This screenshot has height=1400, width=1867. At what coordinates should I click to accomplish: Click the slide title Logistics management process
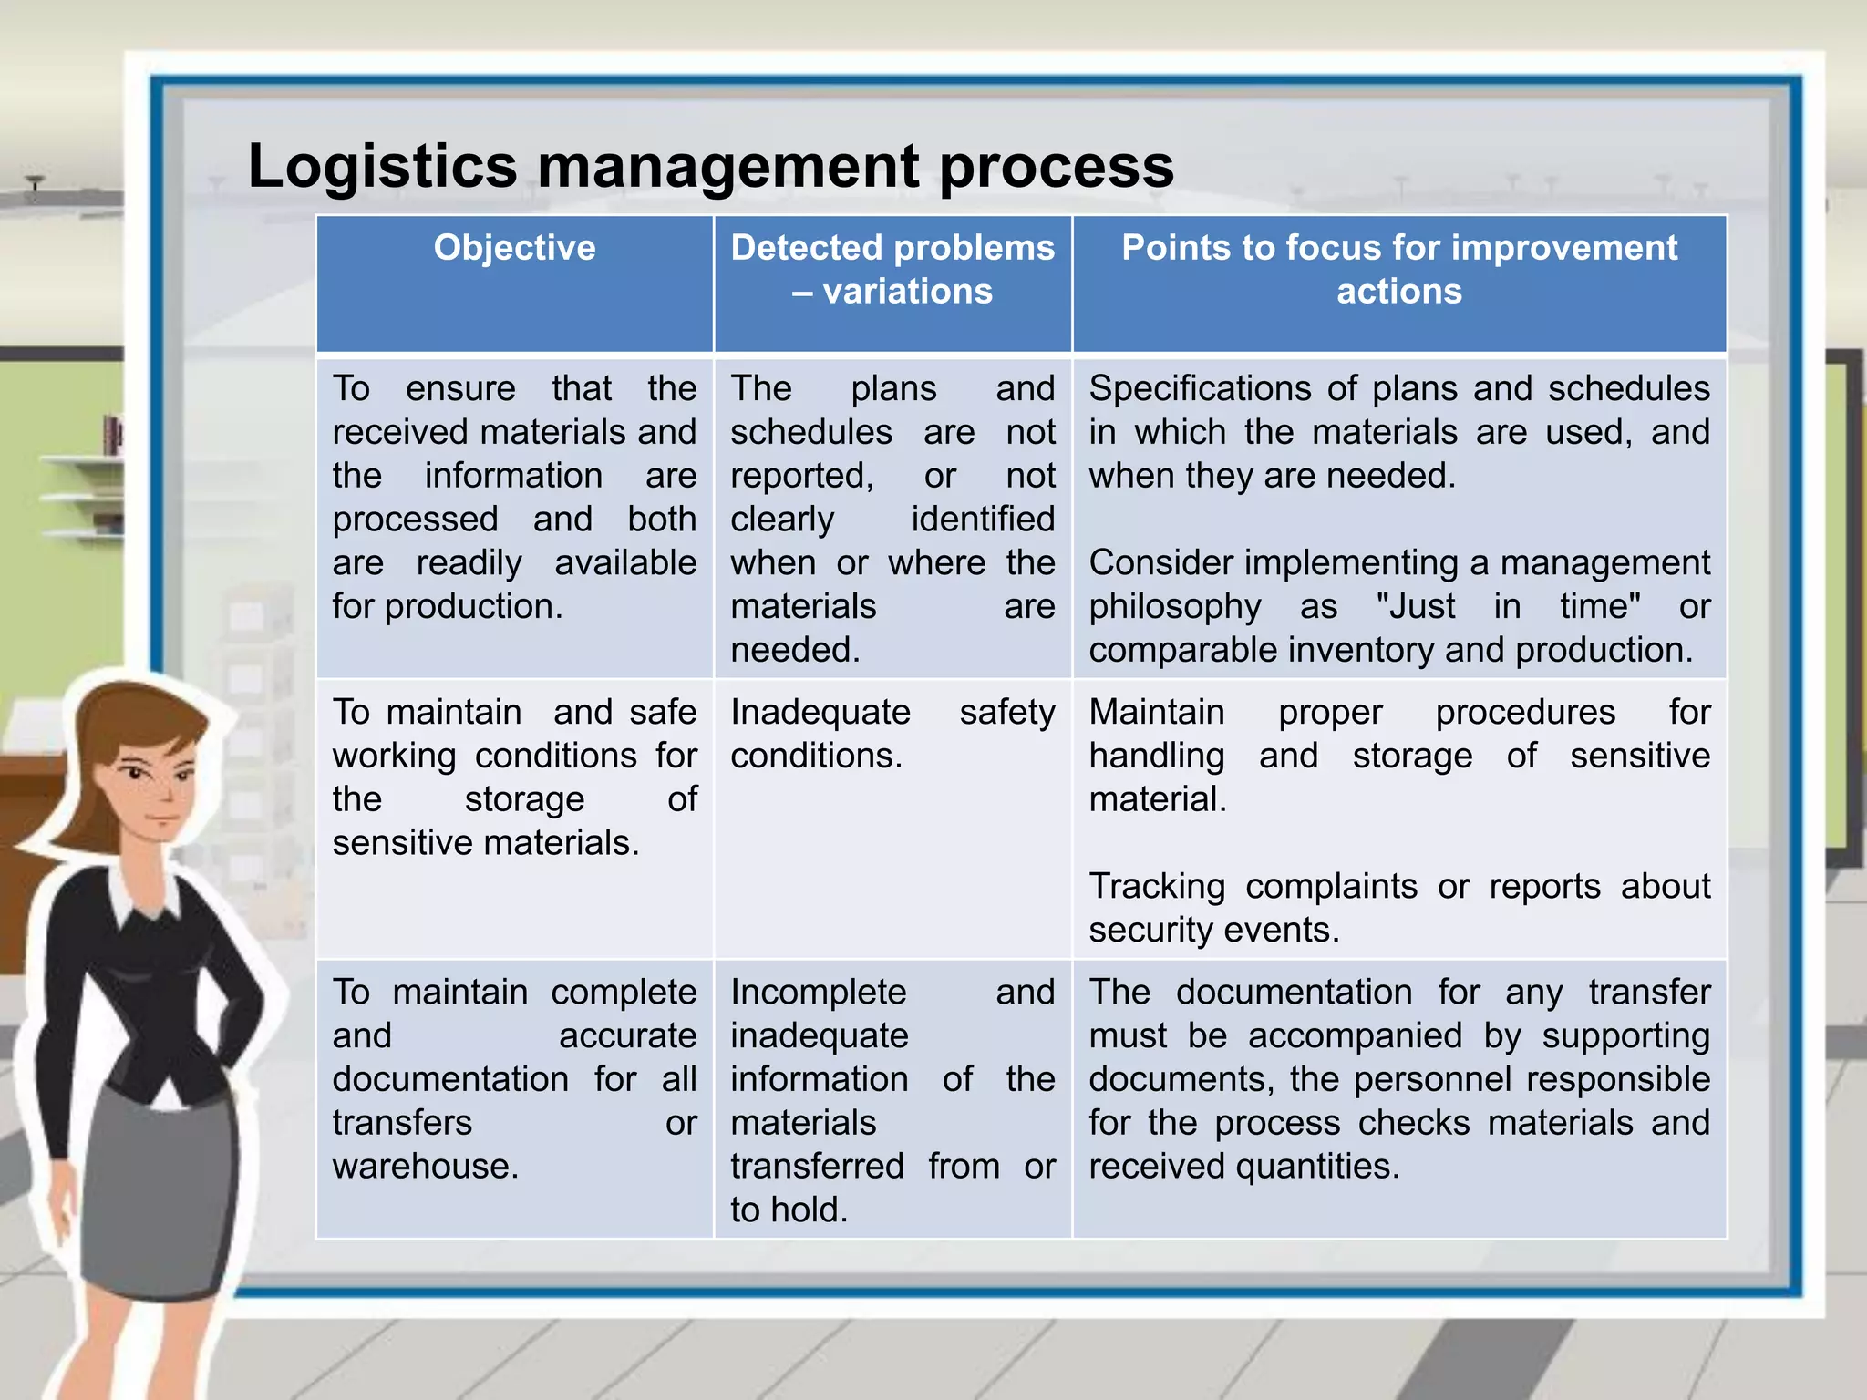[710, 166]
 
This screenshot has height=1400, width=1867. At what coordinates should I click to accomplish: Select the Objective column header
[514, 248]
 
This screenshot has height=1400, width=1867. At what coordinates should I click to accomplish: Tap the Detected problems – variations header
[892, 269]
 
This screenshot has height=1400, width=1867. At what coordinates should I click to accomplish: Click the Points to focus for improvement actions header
[1398, 269]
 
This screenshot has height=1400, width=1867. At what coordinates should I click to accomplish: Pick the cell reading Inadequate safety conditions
[892, 734]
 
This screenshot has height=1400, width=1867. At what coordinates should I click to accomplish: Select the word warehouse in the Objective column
[425, 1166]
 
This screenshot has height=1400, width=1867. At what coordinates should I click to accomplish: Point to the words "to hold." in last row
[789, 1210]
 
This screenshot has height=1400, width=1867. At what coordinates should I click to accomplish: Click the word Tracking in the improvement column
[1156, 886]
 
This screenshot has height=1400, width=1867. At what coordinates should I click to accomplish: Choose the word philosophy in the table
[1174, 606]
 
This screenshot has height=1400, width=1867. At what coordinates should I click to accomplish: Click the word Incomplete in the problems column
[818, 992]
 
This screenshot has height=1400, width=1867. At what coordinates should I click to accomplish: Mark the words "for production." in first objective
[447, 606]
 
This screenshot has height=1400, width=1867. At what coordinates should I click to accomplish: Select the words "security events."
[1213, 930]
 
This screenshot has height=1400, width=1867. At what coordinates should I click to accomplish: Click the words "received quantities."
[1243, 1166]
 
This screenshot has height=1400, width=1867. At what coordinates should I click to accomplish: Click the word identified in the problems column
[982, 519]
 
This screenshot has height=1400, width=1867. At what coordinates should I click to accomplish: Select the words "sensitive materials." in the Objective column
[485, 842]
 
